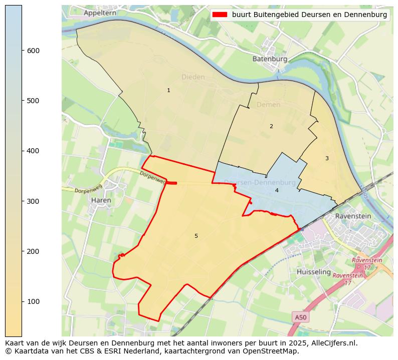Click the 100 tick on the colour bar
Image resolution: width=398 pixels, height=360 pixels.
pos(22,301)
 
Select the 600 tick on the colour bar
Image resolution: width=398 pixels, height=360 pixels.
pos(22,51)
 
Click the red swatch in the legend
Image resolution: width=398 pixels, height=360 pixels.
pos(220,15)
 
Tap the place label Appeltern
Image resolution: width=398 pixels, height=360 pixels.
pos(100,13)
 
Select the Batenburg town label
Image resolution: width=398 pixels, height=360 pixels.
pos(270,59)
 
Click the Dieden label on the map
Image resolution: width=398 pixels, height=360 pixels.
pos(193,77)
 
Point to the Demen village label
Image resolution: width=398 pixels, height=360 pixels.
pos(268,105)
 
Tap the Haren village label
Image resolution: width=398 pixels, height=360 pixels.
pos(102,200)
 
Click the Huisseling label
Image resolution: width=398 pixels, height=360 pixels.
pos(314,272)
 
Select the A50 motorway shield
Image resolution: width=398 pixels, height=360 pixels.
pos(300,317)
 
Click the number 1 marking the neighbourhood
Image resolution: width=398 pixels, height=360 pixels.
pos(168,90)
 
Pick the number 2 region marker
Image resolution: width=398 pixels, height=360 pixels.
pos(271,126)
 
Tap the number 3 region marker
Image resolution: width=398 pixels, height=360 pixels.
pos(327,158)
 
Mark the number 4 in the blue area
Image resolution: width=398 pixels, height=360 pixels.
pos(276,190)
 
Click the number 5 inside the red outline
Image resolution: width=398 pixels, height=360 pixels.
pos(196,236)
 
